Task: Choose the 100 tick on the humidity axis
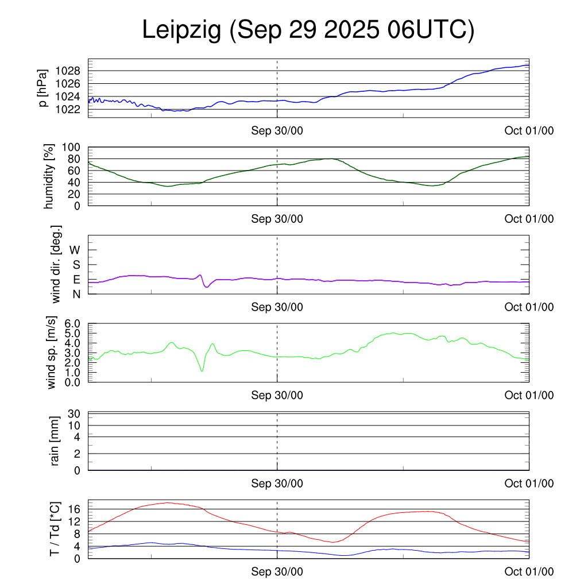point(77,147)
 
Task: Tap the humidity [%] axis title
point(49,176)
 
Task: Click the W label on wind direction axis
point(75,250)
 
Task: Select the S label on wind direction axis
point(76,265)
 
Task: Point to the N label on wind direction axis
point(76,294)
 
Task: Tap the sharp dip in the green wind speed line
point(202,371)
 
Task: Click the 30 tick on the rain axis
point(75,414)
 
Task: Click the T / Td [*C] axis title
point(55,529)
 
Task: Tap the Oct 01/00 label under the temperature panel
point(529,572)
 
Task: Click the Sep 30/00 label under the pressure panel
point(277,131)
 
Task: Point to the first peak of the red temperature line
point(167,502)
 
